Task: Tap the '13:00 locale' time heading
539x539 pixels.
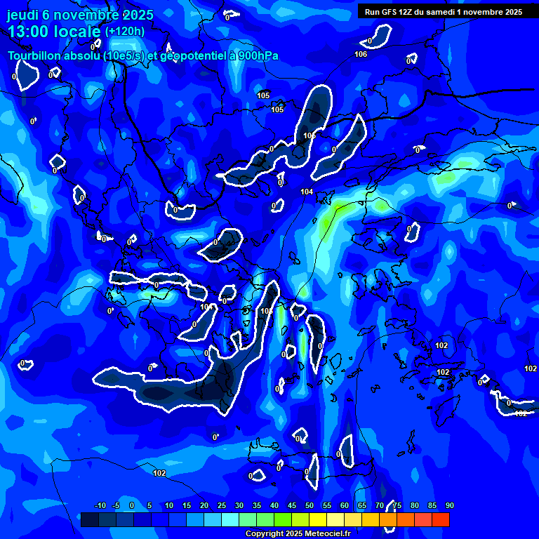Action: point(54,32)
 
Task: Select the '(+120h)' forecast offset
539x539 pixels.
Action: point(125,32)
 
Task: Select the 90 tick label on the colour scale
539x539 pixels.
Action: point(449,505)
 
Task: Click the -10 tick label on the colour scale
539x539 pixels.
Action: point(100,505)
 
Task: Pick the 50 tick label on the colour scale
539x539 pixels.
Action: point(310,505)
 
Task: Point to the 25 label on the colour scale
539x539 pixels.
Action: point(222,505)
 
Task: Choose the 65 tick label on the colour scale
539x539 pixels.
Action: point(362,505)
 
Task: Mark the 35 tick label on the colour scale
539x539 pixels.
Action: point(257,505)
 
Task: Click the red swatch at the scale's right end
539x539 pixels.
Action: point(441,519)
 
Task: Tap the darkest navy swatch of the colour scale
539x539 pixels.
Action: point(90,519)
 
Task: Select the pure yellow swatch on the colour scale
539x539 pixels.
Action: point(318,519)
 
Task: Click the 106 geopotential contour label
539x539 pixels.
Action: point(361,55)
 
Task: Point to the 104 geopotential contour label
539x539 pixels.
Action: point(307,192)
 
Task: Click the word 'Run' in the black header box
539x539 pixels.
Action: point(372,12)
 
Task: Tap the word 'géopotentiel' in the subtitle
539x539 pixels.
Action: point(188,56)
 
